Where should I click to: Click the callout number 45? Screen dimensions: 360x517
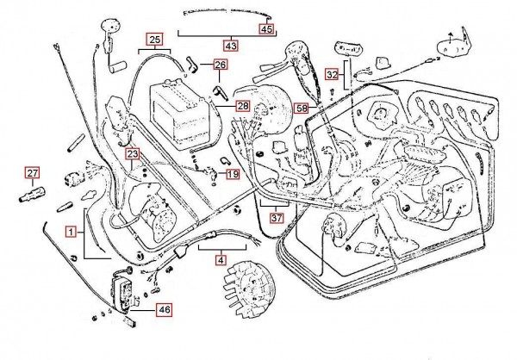coord(267,28)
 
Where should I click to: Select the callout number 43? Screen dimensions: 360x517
coord(230,45)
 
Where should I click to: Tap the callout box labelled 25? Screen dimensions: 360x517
coord(154,40)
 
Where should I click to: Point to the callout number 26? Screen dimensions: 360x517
coord(221,65)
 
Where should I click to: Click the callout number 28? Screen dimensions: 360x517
coord(242,107)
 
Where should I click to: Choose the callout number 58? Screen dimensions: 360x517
coord(300,109)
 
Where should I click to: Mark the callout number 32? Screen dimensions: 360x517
coord(332,76)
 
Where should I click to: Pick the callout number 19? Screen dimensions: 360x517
coord(234,175)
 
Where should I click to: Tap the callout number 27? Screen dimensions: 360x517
coord(32,173)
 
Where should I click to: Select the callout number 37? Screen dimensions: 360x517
coord(276,219)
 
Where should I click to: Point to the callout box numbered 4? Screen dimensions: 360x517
coord(221,258)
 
